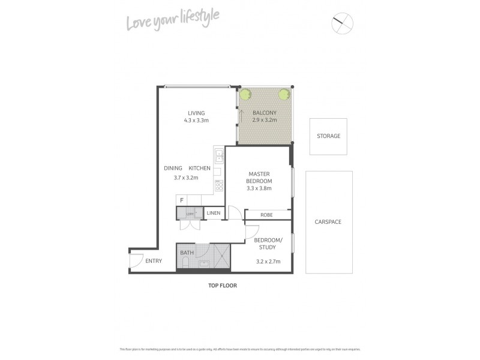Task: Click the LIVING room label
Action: pyautogui.click(x=196, y=113)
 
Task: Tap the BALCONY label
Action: pyautogui.click(x=264, y=113)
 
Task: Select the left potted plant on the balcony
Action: pyautogui.click(x=245, y=94)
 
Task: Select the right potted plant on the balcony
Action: pyautogui.click(x=284, y=94)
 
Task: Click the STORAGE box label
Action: pyautogui.click(x=328, y=136)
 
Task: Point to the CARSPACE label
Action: pyautogui.click(x=328, y=221)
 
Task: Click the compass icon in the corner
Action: pyautogui.click(x=343, y=23)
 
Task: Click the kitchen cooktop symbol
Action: pyautogui.click(x=219, y=185)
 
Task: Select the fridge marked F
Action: pyautogui.click(x=181, y=200)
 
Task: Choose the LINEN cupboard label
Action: pyautogui.click(x=214, y=214)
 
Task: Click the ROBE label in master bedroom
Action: pyautogui.click(x=268, y=214)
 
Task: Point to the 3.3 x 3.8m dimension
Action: pyautogui.click(x=259, y=188)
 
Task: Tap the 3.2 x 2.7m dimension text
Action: pyautogui.click(x=267, y=262)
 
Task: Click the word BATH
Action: pyautogui.click(x=187, y=253)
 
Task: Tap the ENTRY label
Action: pyautogui.click(x=154, y=260)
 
